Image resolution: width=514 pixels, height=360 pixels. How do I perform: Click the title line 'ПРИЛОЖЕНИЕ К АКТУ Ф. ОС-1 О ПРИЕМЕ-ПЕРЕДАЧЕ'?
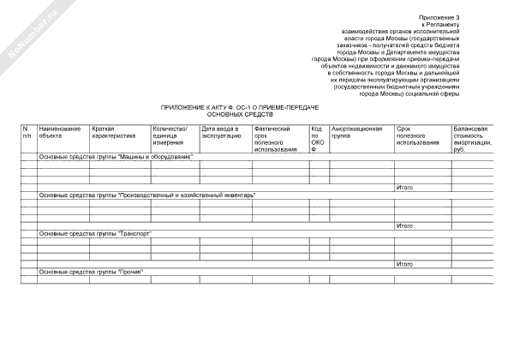[x=239, y=106]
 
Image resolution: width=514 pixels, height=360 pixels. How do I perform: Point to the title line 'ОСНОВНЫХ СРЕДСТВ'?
[x=240, y=114]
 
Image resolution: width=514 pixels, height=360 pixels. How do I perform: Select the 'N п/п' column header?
[x=27, y=132]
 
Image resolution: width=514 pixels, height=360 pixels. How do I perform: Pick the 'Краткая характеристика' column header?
[x=114, y=132]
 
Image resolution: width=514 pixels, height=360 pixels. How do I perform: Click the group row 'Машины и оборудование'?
[x=128, y=157]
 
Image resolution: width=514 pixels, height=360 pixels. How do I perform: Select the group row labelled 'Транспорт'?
[x=100, y=233]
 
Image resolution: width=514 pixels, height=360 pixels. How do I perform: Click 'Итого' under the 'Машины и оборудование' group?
[x=404, y=187]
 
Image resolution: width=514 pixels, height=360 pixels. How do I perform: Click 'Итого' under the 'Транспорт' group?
[x=404, y=264]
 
